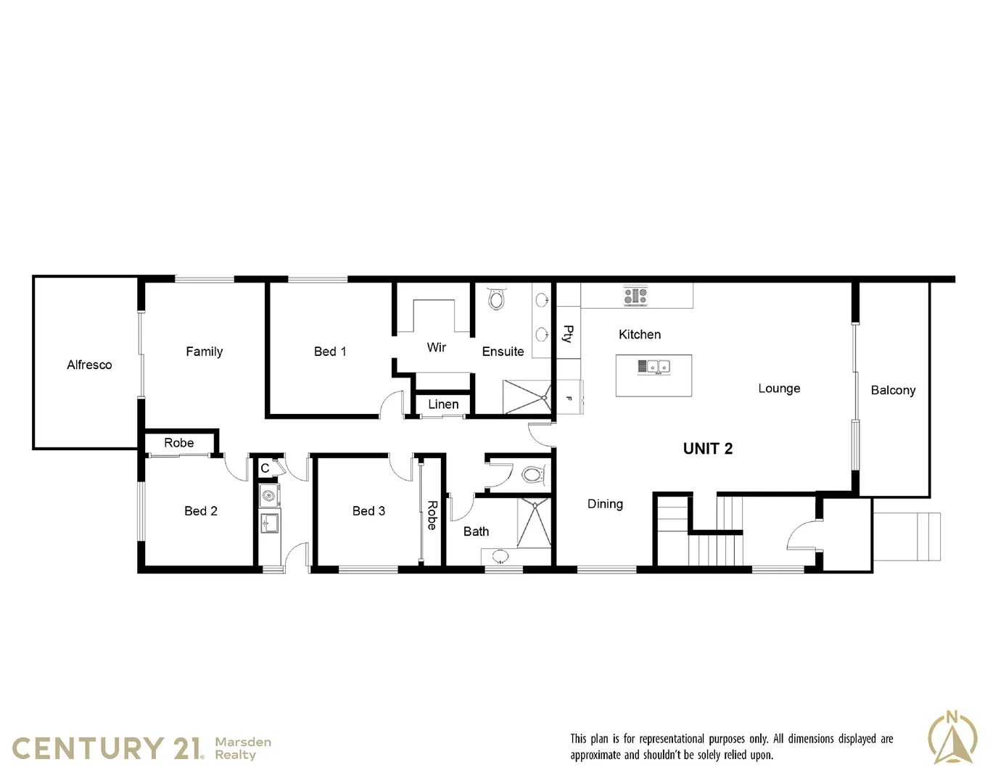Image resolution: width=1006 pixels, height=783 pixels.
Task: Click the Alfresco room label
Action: click(89, 365)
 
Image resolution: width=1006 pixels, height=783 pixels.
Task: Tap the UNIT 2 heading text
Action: click(707, 449)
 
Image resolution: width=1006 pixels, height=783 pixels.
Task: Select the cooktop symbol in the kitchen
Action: click(635, 296)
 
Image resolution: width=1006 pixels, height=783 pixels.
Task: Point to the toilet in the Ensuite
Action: click(496, 298)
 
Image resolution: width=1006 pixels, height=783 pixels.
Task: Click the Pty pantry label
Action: click(568, 333)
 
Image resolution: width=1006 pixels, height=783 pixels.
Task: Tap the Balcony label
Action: click(893, 390)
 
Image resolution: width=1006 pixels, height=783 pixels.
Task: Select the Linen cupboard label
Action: click(443, 405)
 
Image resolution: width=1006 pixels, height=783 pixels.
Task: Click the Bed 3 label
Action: click(368, 511)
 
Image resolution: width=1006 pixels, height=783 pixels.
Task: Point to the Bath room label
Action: click(476, 531)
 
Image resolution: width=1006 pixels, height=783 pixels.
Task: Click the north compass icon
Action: click(952, 738)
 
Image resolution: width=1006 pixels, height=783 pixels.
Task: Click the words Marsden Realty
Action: click(242, 748)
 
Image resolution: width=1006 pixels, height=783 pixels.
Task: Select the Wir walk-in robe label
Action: click(436, 347)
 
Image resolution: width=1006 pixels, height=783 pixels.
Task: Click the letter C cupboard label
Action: click(265, 468)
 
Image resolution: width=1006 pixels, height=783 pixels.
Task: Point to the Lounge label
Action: click(779, 389)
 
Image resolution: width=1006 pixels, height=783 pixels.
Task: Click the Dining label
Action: click(605, 504)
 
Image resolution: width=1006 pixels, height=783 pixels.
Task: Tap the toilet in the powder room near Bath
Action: click(532, 476)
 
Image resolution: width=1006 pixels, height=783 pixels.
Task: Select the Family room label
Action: click(204, 352)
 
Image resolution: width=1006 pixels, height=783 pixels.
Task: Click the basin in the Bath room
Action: click(500, 557)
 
